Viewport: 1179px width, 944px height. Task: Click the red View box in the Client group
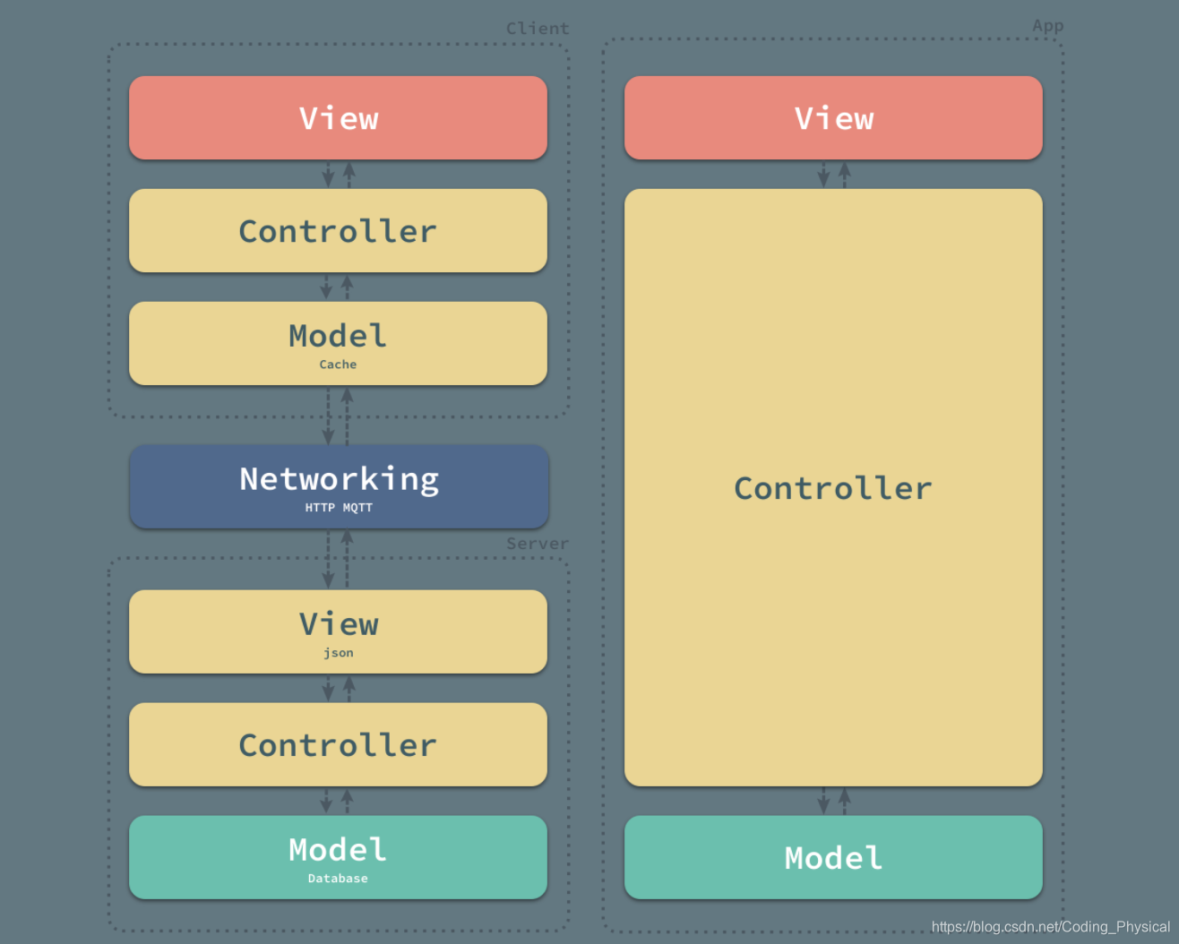tap(338, 118)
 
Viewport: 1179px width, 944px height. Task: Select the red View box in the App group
tap(833, 118)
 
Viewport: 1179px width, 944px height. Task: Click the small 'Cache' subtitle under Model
tap(338, 365)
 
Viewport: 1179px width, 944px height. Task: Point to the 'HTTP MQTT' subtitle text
tap(339, 508)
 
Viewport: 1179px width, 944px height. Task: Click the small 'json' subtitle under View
tap(339, 653)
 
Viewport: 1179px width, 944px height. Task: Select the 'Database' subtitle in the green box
tap(338, 879)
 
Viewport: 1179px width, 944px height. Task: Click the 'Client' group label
tap(538, 29)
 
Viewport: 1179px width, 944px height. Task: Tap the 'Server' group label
tap(537, 544)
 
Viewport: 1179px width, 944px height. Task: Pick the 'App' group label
tap(1047, 26)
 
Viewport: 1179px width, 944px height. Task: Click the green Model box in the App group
tap(833, 857)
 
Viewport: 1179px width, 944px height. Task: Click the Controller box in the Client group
tap(338, 231)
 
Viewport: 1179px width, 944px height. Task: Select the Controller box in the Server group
tap(338, 745)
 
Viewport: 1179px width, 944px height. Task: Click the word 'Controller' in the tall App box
tap(833, 488)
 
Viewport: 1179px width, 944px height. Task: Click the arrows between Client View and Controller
tap(338, 175)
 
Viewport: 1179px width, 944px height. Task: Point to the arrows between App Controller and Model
tap(833, 801)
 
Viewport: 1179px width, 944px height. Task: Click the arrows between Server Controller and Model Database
tap(337, 801)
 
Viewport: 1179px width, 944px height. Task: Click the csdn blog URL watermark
tap(1050, 927)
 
